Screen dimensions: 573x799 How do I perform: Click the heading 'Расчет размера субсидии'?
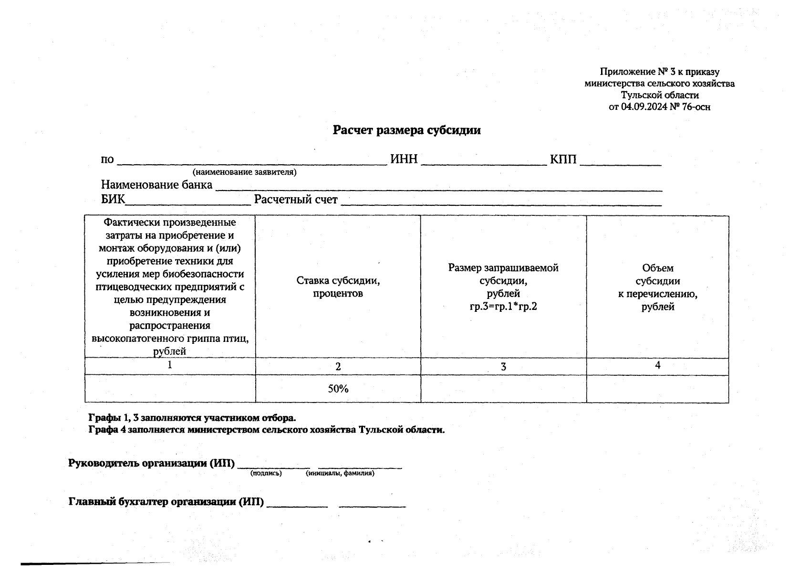click(x=406, y=130)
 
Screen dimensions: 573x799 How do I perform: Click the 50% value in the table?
click(x=338, y=389)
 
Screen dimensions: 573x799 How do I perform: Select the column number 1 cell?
click(x=170, y=365)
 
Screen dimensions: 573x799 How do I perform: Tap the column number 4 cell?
click(x=657, y=365)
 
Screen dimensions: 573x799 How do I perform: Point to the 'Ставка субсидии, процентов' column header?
click(x=338, y=286)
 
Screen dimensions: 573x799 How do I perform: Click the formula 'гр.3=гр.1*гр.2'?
click(x=503, y=307)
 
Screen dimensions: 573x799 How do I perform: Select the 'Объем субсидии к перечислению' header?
click(x=657, y=287)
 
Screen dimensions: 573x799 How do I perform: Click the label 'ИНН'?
click(x=404, y=159)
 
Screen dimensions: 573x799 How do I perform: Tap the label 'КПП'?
click(x=563, y=159)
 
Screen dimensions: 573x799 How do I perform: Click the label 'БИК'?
click(x=113, y=200)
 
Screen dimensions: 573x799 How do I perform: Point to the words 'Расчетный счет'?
click(x=296, y=200)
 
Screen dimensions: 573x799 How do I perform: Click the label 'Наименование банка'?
click(x=156, y=185)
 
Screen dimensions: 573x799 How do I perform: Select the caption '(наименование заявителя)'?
click(x=244, y=172)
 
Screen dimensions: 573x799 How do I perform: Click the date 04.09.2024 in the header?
click(x=643, y=107)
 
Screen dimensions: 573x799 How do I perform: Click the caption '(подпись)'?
click(x=266, y=473)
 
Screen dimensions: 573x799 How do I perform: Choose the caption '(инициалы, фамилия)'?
click(x=340, y=473)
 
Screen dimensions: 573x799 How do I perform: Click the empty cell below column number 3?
click(x=503, y=389)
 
